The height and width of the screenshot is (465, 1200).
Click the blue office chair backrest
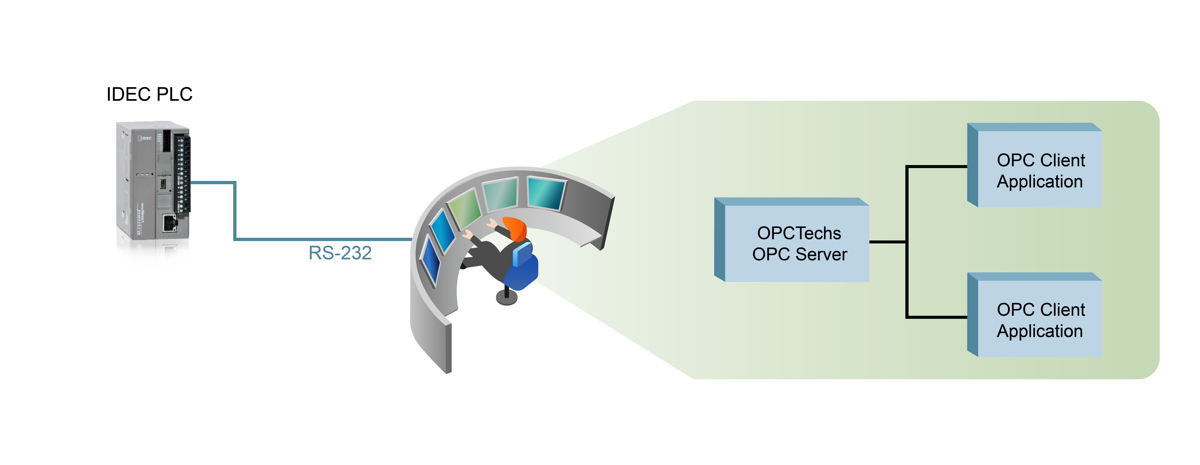(523, 254)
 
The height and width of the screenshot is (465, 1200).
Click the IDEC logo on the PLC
(145, 138)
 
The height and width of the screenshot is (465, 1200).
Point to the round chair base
(507, 298)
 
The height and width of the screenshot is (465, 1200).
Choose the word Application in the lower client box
(1040, 331)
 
